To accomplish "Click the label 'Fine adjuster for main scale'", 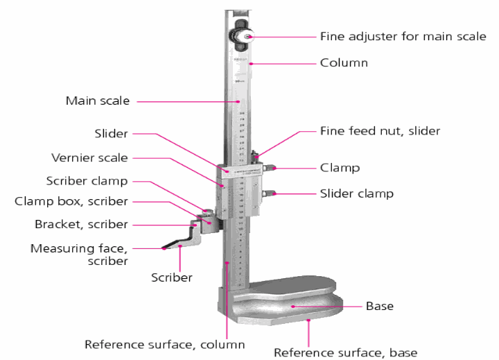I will coord(403,37).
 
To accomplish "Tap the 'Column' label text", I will coord(344,63).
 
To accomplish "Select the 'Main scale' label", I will coord(97,101).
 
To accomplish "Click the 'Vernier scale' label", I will coord(89,158).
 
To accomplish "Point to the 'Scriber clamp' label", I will coord(87,181).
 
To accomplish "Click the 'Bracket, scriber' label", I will coord(81,225).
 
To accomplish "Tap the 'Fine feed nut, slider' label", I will coord(380,130).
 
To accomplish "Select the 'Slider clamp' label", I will coord(356,194).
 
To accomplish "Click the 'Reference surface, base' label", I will coord(345,352).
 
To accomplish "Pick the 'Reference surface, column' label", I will coord(164,344).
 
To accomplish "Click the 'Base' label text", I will coord(379,306).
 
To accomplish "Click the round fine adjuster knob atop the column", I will coord(243,36).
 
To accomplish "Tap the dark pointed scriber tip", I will coord(166,247).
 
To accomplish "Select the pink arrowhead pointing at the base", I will coord(293,306).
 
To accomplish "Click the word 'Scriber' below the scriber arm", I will coord(172,277).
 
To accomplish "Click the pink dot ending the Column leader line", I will coord(250,64).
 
